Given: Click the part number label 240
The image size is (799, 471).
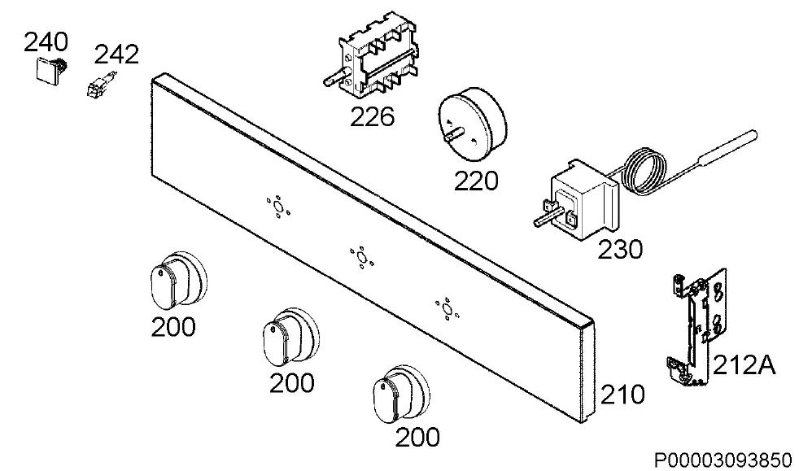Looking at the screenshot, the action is [x=46, y=41].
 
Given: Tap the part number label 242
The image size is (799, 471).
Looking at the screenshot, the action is [x=116, y=55].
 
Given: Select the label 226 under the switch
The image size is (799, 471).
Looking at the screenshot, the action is [x=372, y=116].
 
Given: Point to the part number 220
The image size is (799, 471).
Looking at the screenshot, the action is [x=476, y=181].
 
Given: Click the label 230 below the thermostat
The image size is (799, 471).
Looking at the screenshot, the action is [x=620, y=250].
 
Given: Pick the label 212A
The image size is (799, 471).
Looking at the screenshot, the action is [x=744, y=365].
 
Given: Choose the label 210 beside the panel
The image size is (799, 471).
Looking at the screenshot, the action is [x=622, y=395].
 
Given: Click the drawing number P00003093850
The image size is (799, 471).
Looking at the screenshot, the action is [x=723, y=460].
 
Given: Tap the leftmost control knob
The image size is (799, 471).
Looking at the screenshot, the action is [x=179, y=280].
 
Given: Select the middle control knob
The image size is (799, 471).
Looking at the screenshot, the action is [x=291, y=336].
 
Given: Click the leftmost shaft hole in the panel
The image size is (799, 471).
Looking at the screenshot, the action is [x=277, y=207].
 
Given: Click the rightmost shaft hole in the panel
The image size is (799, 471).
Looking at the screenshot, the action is [x=447, y=309].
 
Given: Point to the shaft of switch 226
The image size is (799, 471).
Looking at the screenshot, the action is [x=334, y=78].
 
